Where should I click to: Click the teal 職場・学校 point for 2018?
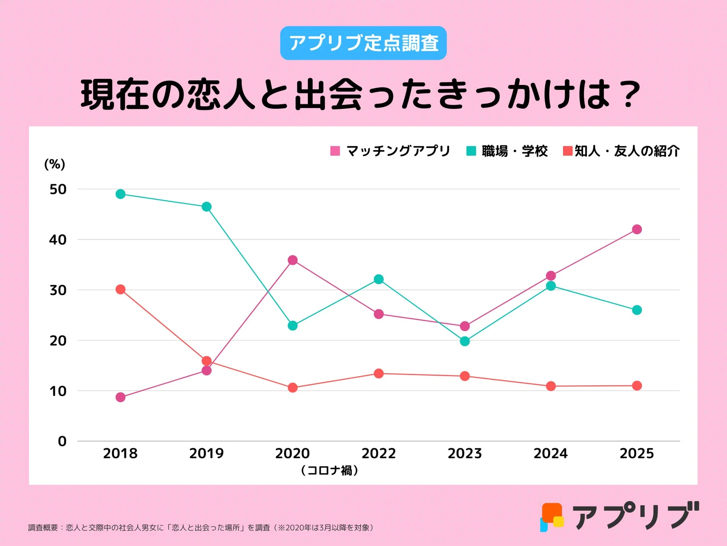[120, 194]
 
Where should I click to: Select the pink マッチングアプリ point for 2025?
[637, 229]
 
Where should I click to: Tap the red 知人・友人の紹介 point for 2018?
[120, 289]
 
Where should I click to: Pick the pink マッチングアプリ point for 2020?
[292, 260]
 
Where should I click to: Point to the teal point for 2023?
[464, 341]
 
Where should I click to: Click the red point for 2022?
[378, 373]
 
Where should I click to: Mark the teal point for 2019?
[206, 207]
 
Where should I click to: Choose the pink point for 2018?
[120, 397]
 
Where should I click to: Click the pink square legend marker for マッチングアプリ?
[335, 151]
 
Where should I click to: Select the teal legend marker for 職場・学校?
[471, 151]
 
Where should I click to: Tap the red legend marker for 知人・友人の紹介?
[567, 151]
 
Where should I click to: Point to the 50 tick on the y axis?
[58, 189]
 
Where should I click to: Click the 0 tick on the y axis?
[62, 441]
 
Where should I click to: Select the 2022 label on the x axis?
[378, 453]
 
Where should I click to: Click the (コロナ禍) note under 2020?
[329, 470]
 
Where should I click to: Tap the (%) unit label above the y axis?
[55, 164]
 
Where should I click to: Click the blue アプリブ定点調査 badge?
[363, 43]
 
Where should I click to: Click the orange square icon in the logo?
[552, 512]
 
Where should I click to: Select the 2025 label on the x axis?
[637, 453]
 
